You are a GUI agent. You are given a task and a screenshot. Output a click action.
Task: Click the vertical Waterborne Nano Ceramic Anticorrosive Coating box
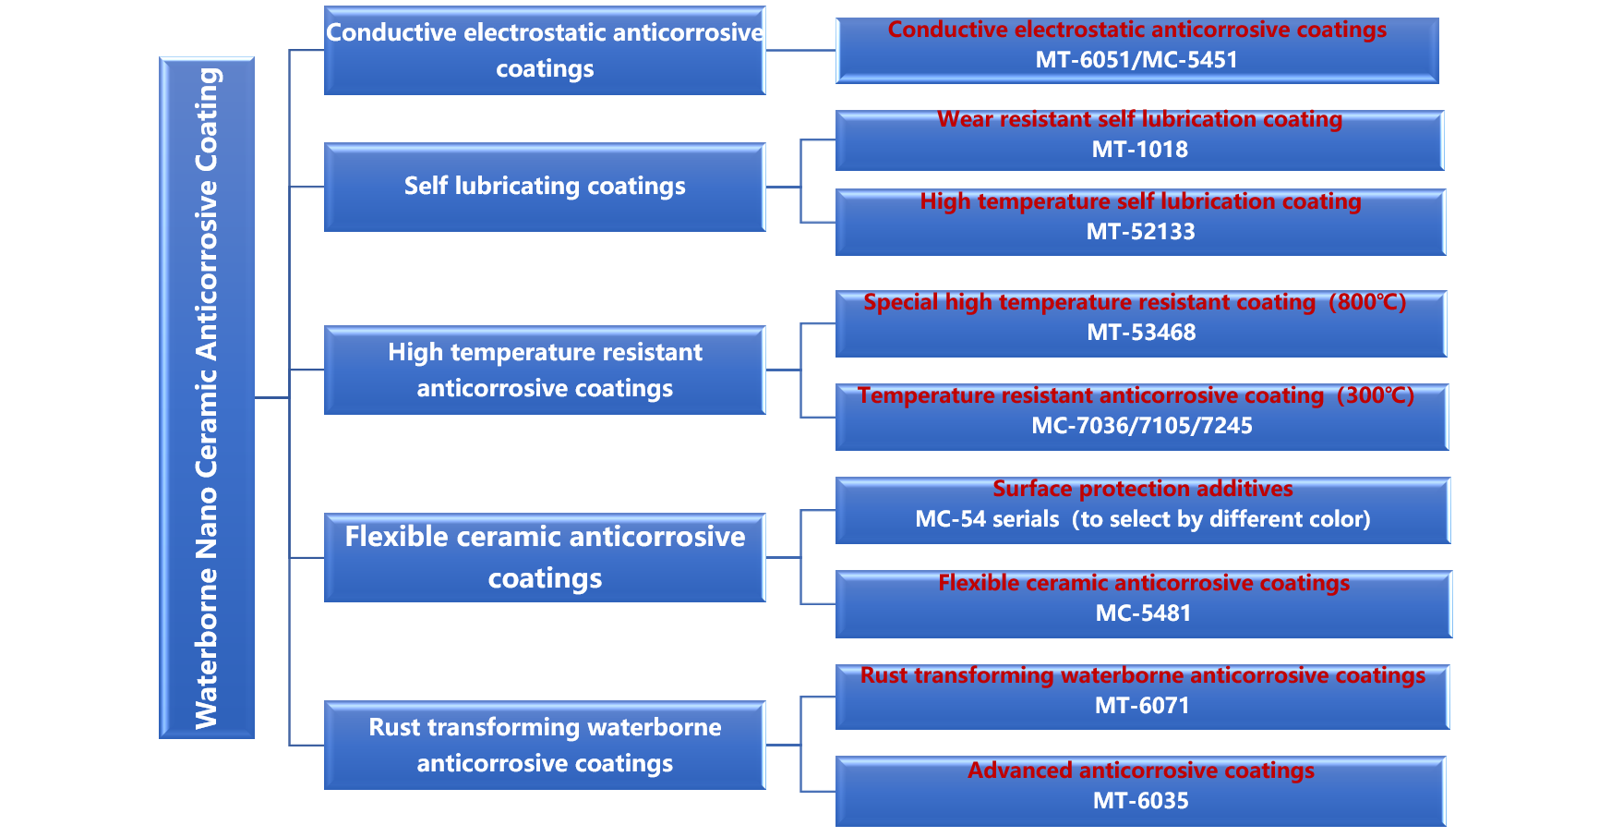point(207,397)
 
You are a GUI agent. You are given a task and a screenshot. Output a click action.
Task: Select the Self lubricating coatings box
point(545,187)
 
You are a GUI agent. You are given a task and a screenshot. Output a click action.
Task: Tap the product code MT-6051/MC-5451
point(1136,60)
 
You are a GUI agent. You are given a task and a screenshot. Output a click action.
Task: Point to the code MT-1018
point(1140,150)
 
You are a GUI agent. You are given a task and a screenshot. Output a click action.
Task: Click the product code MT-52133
point(1140,232)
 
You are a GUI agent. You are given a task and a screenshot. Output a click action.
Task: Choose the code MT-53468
point(1141,333)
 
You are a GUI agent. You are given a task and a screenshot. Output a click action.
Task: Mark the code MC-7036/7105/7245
point(1142,426)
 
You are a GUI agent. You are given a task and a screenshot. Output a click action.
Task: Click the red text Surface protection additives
point(1143,489)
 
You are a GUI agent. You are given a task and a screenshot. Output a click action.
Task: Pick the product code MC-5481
point(1143,613)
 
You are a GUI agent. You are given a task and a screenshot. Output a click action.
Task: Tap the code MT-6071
point(1142,706)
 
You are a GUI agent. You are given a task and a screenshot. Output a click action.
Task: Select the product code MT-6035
point(1141,801)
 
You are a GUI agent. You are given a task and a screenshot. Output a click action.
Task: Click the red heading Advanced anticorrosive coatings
point(1141,770)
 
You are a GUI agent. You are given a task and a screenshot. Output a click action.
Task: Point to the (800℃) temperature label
point(1367,302)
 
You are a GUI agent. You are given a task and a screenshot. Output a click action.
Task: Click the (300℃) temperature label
point(1376,395)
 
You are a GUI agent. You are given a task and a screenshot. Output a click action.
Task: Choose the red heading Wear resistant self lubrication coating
point(1140,119)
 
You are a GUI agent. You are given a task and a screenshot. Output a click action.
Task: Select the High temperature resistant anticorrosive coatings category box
point(545,370)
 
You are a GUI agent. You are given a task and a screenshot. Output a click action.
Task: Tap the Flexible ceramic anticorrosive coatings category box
point(545,557)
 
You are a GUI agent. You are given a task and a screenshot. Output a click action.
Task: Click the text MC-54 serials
point(987,519)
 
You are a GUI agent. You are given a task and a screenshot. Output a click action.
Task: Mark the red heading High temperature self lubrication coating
point(1140,201)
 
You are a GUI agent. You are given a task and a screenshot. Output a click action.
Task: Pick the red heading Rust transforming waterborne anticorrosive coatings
point(1143,675)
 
